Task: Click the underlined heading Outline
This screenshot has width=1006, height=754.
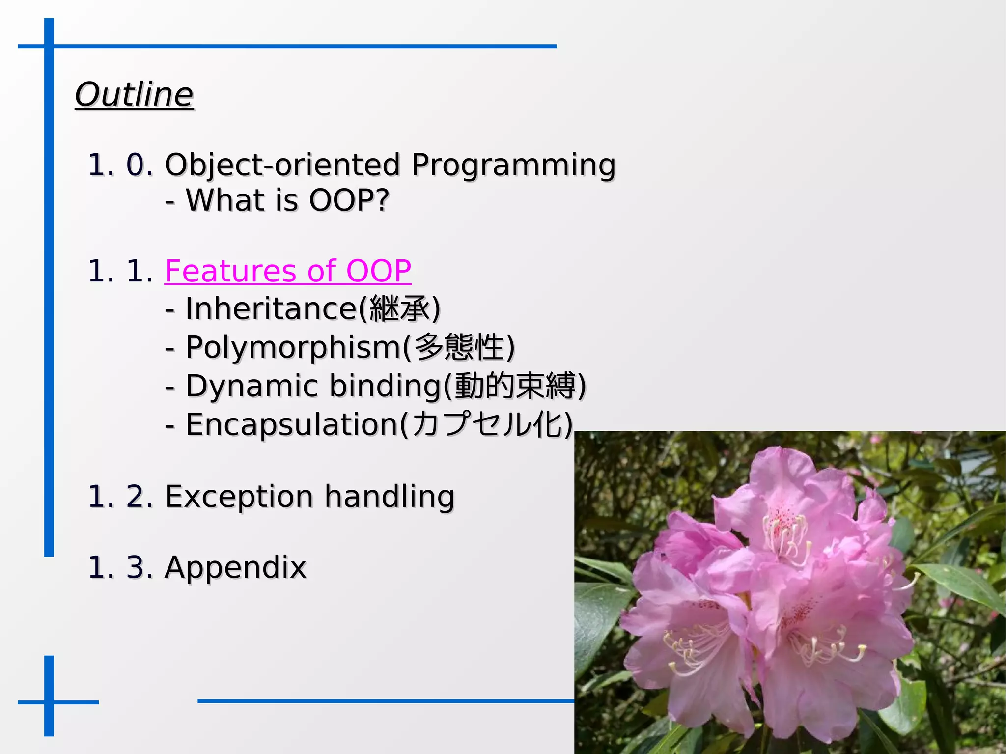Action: point(134,94)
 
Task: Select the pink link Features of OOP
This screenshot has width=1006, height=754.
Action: point(288,271)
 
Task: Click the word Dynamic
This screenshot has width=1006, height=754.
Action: point(251,386)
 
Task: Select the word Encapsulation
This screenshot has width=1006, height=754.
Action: point(292,425)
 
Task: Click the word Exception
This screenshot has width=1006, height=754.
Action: point(239,496)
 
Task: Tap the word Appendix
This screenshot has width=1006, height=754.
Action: point(235,567)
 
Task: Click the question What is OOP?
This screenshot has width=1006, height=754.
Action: point(287,200)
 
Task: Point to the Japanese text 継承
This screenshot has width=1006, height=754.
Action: point(399,309)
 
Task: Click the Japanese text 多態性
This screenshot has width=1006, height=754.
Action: point(459,347)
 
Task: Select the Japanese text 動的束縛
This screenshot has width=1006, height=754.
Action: point(515,386)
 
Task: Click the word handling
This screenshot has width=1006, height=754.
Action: point(390,496)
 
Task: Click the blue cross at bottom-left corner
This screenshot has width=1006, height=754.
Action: point(49,702)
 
